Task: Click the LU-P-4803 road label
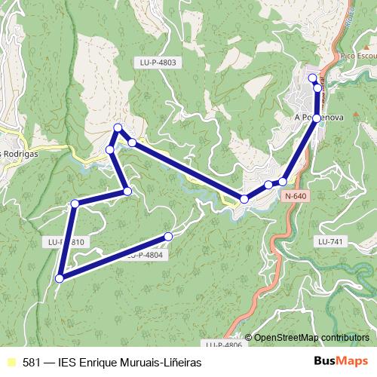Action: pos(158,63)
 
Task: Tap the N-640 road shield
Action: pos(296,196)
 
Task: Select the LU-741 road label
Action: pos(331,241)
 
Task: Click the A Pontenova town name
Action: pos(319,118)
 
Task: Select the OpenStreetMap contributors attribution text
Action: pos(311,337)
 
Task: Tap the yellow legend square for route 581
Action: pos(11,362)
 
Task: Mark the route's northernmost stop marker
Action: pos(313,78)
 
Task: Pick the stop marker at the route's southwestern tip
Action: pos(59,278)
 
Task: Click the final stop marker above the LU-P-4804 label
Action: pos(168,237)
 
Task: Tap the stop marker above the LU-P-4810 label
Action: pos(75,204)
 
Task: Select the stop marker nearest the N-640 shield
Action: pos(283,181)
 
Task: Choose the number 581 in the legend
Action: pos(32,362)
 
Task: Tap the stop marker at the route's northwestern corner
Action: pos(118,127)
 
